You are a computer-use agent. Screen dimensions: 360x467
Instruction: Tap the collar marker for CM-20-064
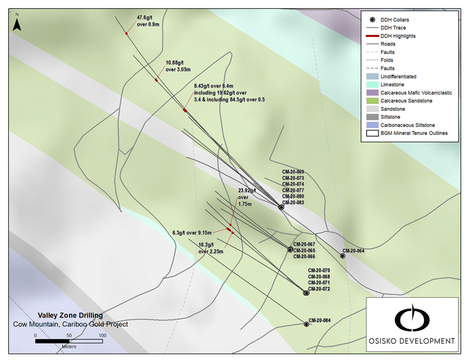342,255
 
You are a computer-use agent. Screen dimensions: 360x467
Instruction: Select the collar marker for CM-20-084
306,324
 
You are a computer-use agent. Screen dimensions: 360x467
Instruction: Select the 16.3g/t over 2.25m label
211,248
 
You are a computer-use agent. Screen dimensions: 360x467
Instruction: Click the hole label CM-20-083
293,202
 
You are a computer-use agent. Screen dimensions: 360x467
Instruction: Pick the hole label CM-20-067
304,244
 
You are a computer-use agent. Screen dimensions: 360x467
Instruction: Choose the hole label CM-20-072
319,289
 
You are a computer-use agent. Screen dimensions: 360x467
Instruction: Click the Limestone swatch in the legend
371,85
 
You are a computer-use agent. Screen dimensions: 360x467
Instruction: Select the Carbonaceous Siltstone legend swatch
371,125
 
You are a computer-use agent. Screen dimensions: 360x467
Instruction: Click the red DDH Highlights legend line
371,36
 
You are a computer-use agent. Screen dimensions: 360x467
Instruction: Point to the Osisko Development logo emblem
413,320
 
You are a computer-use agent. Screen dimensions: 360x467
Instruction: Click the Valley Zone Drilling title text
70,315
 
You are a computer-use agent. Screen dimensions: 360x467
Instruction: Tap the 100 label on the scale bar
102,336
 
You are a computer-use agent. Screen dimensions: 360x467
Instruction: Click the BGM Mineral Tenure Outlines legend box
371,133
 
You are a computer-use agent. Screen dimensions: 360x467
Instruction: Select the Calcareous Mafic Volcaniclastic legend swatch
371,92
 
